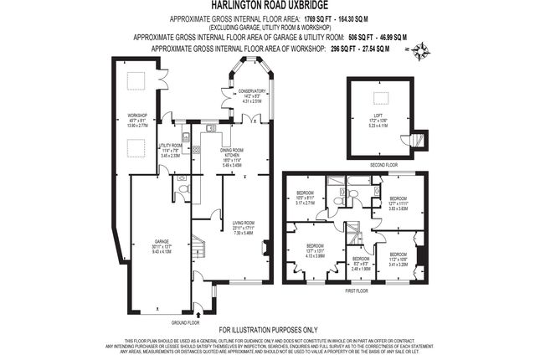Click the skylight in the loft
(377, 95)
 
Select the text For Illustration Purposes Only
(270, 330)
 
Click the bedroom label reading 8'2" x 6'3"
(360, 265)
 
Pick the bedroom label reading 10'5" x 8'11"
(306, 198)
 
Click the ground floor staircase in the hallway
(199, 249)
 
